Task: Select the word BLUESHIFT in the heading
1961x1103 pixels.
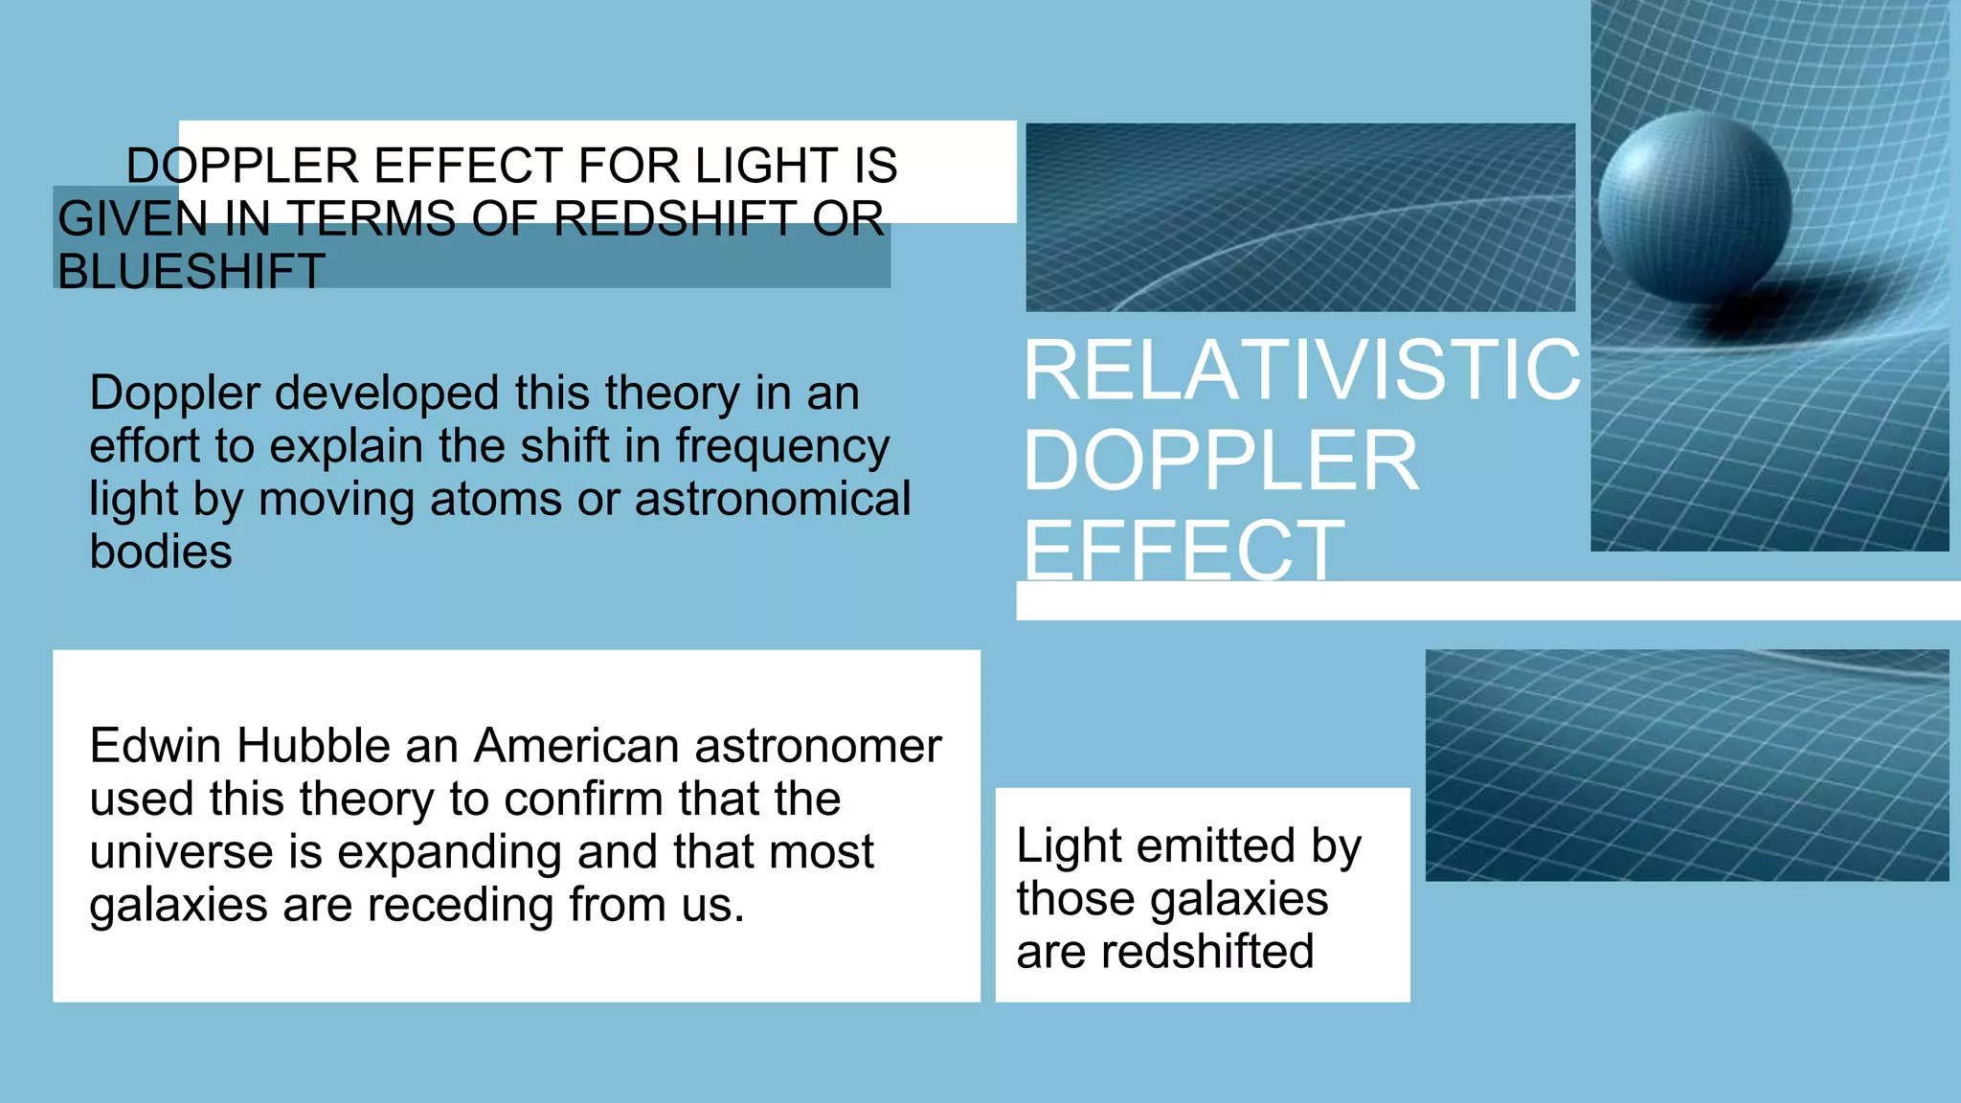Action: (192, 271)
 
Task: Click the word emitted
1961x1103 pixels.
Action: (1215, 845)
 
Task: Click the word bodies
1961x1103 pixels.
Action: (161, 551)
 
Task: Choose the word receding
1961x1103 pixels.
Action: (460, 905)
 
